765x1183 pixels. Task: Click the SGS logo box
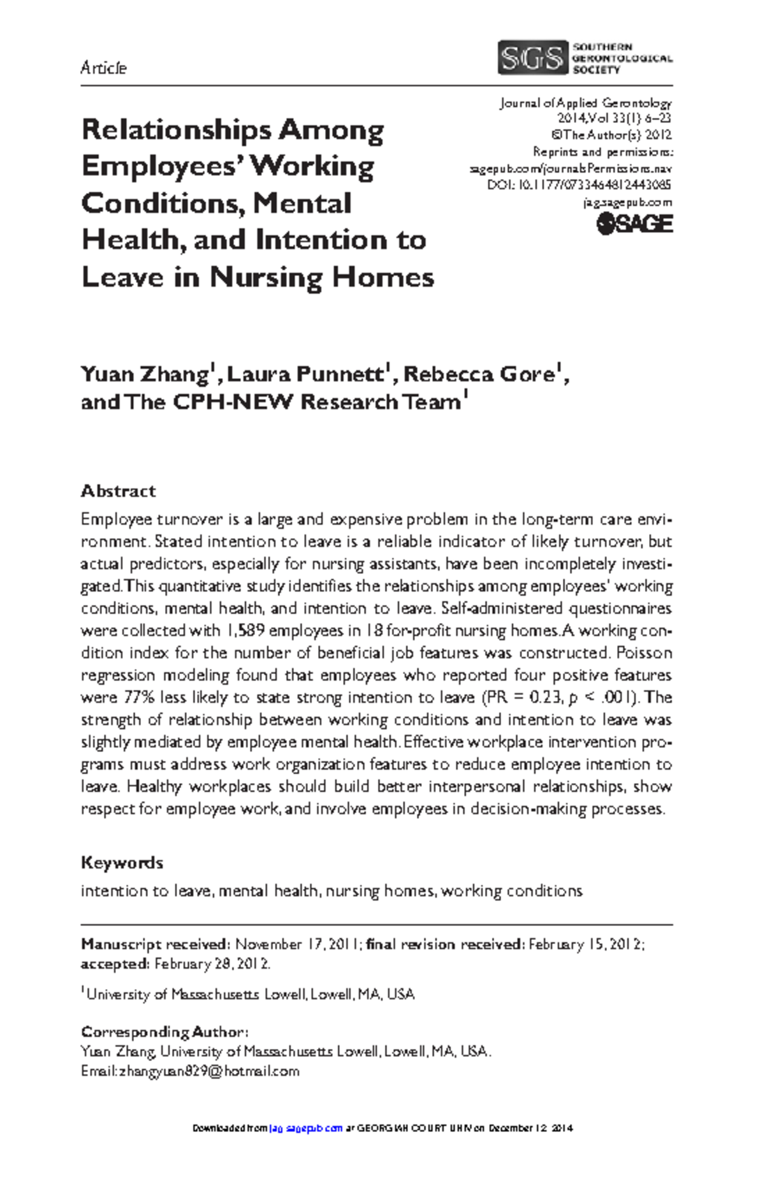click(532, 58)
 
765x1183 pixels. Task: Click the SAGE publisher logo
click(634, 224)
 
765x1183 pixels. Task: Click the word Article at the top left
click(103, 68)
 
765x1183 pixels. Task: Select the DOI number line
click(579, 185)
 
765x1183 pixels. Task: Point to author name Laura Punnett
click(305, 374)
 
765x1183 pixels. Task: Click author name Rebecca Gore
click(478, 374)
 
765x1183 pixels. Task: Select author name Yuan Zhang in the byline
click(144, 374)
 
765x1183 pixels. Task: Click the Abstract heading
click(118, 491)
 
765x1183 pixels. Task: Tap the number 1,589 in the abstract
click(244, 631)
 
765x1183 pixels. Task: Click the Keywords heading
click(122, 863)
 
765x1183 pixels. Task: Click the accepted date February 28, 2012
click(212, 964)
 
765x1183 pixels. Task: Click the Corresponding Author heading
click(164, 1032)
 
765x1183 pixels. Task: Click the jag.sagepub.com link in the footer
click(306, 1128)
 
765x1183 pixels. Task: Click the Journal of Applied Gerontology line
click(585, 103)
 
